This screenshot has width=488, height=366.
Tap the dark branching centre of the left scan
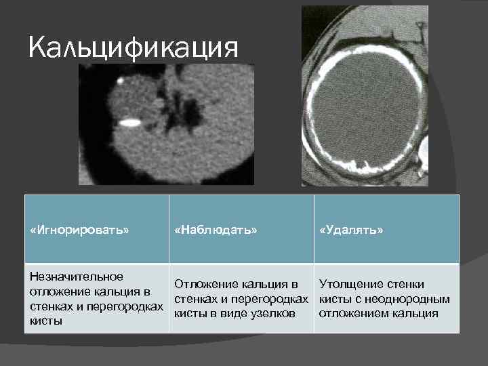tap(178, 108)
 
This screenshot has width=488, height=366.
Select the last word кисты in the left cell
tap(43, 321)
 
